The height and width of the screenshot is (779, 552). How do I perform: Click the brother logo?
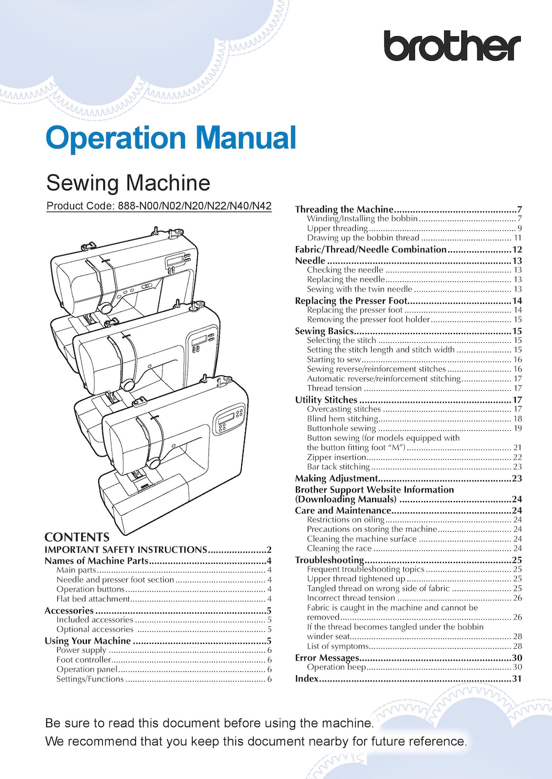tap(452, 46)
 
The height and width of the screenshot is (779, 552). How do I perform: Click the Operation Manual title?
tap(171, 138)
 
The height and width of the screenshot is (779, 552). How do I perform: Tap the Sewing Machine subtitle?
tap(128, 183)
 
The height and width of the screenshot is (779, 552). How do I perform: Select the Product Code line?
tap(159, 206)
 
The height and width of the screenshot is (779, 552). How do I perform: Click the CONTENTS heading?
tap(77, 537)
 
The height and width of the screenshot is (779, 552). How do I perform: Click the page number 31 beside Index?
tap(517, 678)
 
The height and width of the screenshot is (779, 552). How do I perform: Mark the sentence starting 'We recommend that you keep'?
tap(256, 741)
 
